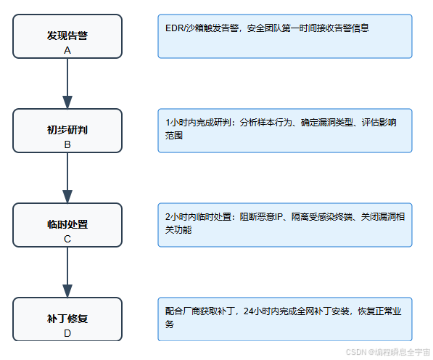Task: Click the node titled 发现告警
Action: point(67,35)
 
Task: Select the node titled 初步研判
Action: point(67,130)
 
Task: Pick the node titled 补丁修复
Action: point(67,318)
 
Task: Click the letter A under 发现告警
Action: point(67,50)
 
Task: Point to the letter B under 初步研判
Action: point(67,144)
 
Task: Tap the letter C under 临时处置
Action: point(67,239)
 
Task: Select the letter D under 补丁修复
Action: point(67,333)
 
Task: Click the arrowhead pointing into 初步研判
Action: point(67,102)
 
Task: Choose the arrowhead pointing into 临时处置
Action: point(67,196)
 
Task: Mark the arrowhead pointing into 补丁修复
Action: point(67,290)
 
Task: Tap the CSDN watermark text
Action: point(355,351)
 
